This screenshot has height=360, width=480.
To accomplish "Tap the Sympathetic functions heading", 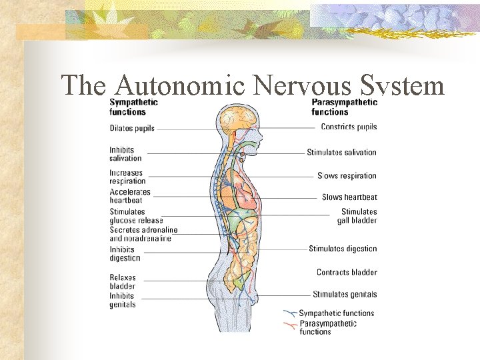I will tap(133, 107).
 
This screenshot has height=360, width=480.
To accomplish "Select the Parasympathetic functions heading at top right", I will tap(344, 107).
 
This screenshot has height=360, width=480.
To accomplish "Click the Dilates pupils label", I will tap(132, 128).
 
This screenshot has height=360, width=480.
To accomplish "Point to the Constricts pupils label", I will tap(349, 127).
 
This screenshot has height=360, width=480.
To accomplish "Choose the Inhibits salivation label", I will tap(125, 154).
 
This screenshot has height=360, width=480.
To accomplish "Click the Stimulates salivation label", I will tap(341, 153).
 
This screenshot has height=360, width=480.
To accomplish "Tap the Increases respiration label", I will tap(127, 177).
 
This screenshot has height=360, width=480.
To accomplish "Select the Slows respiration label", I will tap(347, 176).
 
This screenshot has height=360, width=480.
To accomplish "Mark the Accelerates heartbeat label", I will tap(130, 196).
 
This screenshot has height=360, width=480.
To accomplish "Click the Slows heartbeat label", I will tap(349, 197).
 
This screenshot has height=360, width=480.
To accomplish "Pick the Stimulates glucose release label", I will tap(136, 216).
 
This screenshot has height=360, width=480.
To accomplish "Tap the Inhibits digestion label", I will tap(125, 254).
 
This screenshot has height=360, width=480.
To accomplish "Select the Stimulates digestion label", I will tap(343, 249).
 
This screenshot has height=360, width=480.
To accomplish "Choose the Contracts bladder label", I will tap(347, 273).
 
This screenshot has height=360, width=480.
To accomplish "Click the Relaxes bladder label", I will tap(123, 282).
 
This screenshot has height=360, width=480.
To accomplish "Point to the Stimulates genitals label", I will tap(345, 295).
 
